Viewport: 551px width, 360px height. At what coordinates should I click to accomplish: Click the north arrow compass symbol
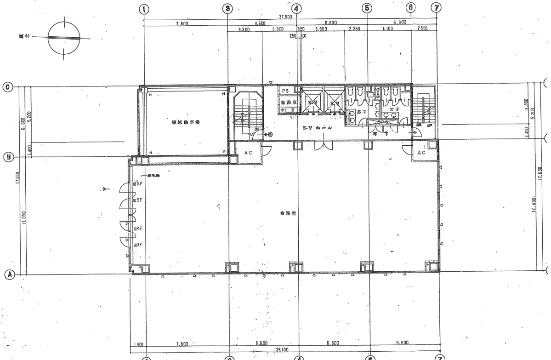[x=64, y=38]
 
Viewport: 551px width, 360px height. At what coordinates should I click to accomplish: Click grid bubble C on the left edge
[x=8, y=86]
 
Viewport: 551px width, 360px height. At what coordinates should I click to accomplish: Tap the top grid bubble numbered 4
[x=297, y=8]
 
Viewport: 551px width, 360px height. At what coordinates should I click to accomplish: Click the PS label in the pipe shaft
[x=285, y=91]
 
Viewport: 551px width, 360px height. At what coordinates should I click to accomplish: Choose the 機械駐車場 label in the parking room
[x=186, y=122]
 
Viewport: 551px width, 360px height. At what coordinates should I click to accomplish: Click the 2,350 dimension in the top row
[x=354, y=29]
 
